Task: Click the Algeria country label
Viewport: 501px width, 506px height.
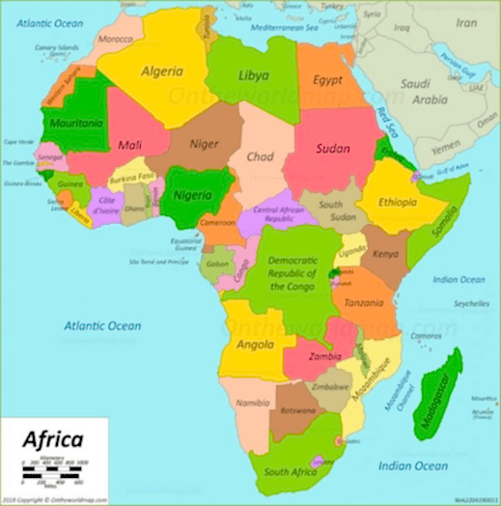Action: (162, 71)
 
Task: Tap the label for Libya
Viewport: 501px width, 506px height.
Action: (253, 75)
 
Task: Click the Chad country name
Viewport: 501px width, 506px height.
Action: (260, 156)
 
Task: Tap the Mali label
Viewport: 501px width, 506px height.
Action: (129, 146)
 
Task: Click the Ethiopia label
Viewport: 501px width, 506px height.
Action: (398, 203)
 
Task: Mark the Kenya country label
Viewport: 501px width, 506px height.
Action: (385, 254)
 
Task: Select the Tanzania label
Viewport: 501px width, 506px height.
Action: (367, 303)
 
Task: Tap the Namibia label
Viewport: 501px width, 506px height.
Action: (251, 401)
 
